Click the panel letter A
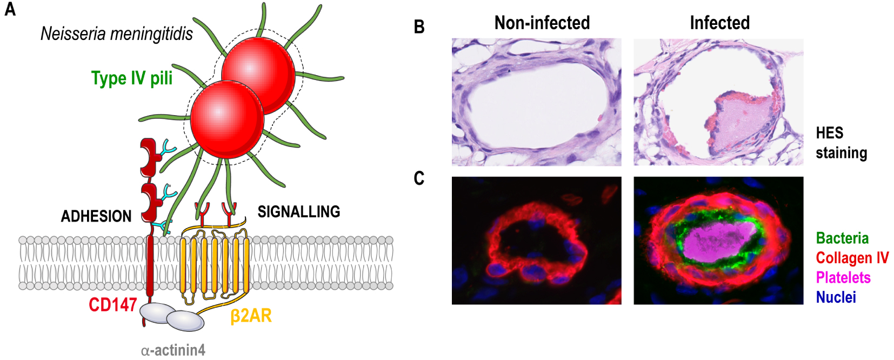[x=10, y=9]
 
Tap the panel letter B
[x=419, y=26]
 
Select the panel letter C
[x=419, y=178]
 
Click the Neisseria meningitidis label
[x=117, y=34]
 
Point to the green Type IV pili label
[x=132, y=78]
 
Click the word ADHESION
[x=96, y=216]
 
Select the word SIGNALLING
[x=298, y=211]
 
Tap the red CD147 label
[x=113, y=305]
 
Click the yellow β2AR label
[x=251, y=316]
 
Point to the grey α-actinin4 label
[x=173, y=350]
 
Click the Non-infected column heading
[x=542, y=23]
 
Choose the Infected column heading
[x=719, y=23]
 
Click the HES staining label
[x=842, y=143]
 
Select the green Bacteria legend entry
[x=842, y=238]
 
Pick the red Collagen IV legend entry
[x=852, y=258]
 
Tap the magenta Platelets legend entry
[x=843, y=277]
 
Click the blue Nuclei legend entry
[x=836, y=297]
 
